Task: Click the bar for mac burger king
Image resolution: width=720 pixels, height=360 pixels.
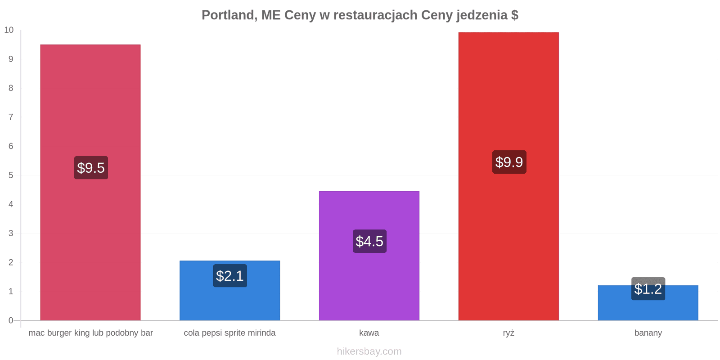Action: coord(90,182)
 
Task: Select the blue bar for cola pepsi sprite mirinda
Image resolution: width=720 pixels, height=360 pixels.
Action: coord(230,290)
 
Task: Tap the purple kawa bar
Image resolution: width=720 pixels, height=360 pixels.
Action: coord(369,256)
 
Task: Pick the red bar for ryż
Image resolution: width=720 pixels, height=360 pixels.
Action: coord(508,176)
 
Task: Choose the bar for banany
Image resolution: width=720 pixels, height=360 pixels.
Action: coord(648,302)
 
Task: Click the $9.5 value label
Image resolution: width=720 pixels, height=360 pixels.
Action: coord(91,168)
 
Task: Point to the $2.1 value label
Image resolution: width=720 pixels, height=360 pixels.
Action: coord(230,276)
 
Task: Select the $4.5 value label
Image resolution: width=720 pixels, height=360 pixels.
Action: coord(369,241)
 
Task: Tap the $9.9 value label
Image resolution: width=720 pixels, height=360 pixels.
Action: coord(509,162)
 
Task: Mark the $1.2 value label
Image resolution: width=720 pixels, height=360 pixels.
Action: coord(648,288)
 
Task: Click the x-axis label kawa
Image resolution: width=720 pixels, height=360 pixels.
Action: coord(369,333)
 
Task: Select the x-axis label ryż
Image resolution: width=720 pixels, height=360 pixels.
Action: coord(508,333)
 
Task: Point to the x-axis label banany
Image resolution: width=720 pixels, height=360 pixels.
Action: coord(648,333)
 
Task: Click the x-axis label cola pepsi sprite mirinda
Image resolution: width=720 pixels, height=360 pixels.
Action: coord(229,333)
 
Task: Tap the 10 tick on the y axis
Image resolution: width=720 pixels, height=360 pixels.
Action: coord(9,30)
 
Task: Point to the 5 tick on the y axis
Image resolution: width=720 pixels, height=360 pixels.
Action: coord(11,175)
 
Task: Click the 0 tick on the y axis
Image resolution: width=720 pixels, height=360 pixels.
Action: coord(11,320)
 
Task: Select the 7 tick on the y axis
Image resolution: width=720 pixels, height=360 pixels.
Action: coord(11,117)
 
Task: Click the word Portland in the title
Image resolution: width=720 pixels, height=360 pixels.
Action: coord(229,15)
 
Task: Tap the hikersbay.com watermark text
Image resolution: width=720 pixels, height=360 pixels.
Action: coord(369,351)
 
